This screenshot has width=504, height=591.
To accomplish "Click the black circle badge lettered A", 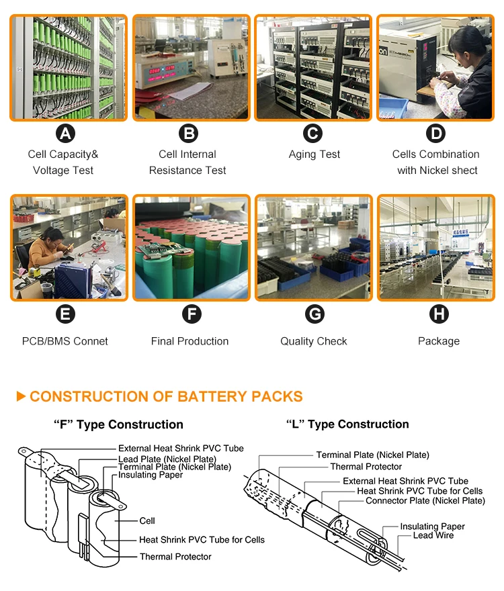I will click(x=65, y=134).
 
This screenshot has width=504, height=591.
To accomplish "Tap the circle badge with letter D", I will click(x=437, y=134).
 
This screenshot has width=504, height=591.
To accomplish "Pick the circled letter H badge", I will click(x=438, y=314).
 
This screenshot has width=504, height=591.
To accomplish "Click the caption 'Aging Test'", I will click(x=314, y=154).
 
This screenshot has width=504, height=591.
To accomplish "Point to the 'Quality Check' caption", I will click(x=314, y=341).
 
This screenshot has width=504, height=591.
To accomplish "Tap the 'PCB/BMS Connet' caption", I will click(x=65, y=341).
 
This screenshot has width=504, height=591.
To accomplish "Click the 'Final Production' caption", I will click(x=190, y=341).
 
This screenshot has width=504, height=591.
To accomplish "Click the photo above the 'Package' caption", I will click(x=438, y=248).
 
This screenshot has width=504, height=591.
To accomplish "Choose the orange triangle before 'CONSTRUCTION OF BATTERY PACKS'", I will click(x=21, y=396).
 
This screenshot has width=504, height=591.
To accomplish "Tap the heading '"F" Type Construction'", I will click(x=118, y=424).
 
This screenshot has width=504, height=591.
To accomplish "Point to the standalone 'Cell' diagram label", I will click(x=147, y=520).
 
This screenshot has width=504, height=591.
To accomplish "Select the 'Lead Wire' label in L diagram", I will click(x=433, y=535).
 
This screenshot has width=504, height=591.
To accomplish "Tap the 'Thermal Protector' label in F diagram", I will click(x=175, y=557).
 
